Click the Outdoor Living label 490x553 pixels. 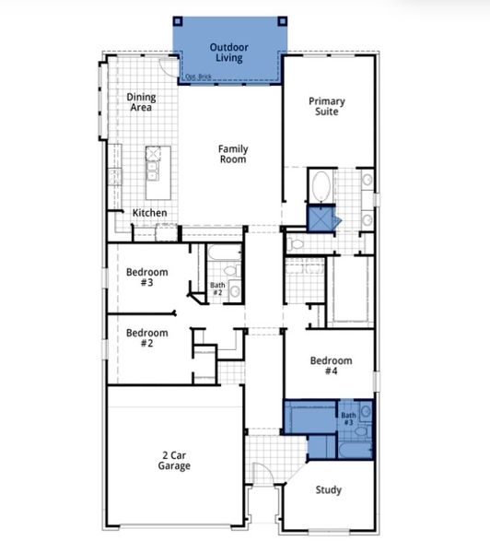click(x=229, y=53)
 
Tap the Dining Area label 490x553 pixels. click(x=140, y=102)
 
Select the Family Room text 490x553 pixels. click(x=232, y=154)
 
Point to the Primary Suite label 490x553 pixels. click(x=327, y=106)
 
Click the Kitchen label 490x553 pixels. click(x=149, y=213)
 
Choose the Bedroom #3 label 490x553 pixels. click(x=146, y=277)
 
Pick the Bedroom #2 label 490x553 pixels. click(x=146, y=338)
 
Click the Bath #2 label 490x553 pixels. click(x=217, y=289)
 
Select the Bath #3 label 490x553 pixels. click(x=349, y=418)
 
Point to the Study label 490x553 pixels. click(x=329, y=490)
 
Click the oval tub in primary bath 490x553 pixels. click(x=322, y=187)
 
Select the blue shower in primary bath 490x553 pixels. click(x=322, y=220)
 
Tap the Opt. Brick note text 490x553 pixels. click(x=200, y=76)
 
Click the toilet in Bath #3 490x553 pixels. click(x=365, y=430)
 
